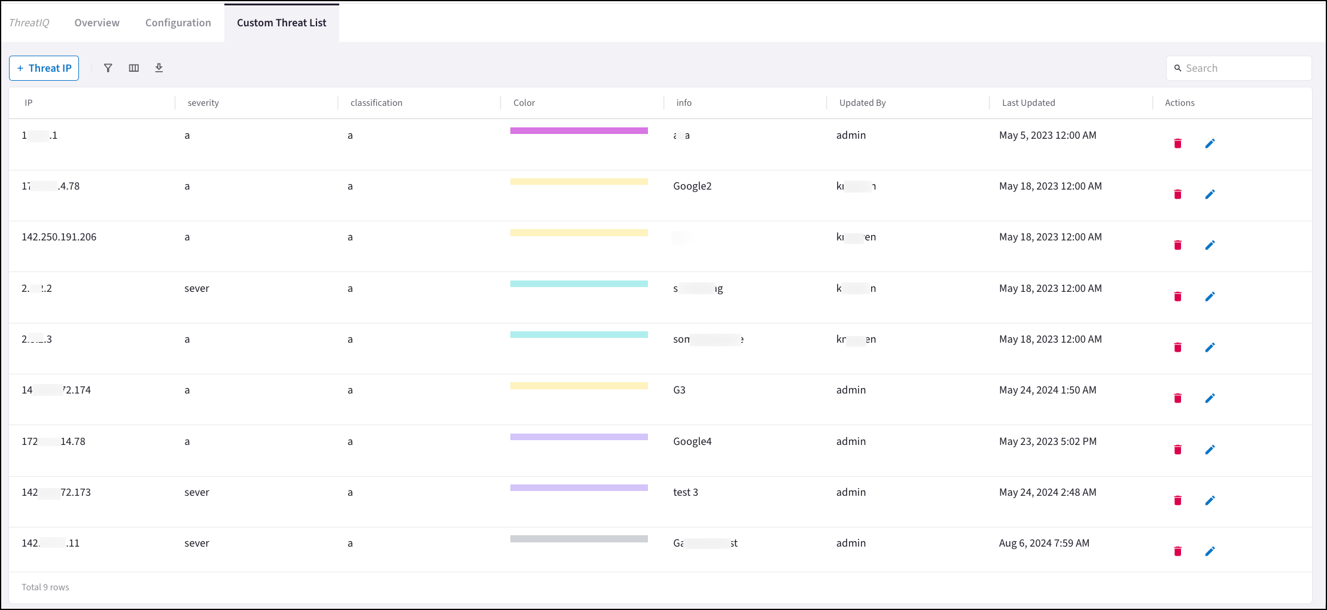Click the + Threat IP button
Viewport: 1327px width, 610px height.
click(44, 68)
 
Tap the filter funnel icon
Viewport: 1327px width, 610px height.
click(108, 68)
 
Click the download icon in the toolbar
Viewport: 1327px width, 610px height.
click(159, 68)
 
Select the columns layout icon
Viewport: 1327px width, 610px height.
click(133, 68)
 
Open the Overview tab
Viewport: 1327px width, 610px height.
click(97, 23)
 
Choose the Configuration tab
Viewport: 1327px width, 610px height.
click(178, 23)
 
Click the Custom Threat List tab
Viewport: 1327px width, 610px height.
click(281, 23)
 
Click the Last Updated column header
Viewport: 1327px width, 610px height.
click(1028, 103)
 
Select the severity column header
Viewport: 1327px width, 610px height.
click(203, 103)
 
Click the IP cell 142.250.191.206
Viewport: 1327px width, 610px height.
click(59, 237)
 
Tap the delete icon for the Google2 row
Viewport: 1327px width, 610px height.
click(1177, 194)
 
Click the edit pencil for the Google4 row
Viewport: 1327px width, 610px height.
click(1209, 450)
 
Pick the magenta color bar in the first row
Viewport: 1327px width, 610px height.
click(579, 130)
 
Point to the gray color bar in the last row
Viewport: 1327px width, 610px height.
click(579, 539)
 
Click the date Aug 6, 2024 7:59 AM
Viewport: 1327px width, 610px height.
click(1043, 543)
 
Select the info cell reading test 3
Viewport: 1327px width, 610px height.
click(685, 492)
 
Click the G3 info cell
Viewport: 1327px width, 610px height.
click(679, 390)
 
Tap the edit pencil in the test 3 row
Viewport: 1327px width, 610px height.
click(1209, 501)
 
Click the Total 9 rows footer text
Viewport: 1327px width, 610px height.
click(45, 587)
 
